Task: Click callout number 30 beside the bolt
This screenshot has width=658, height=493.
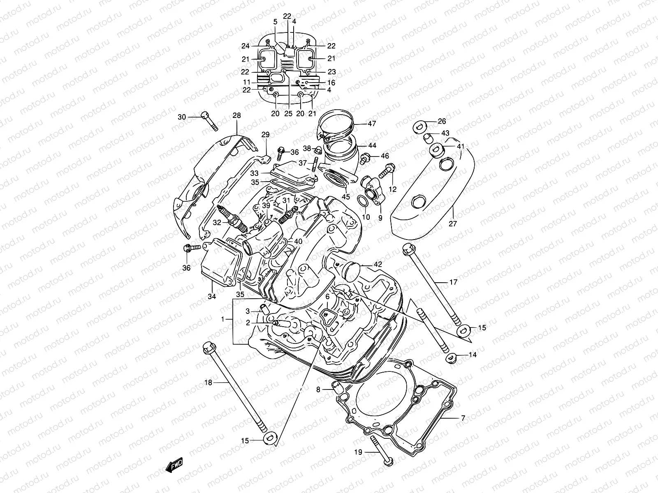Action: click(182, 117)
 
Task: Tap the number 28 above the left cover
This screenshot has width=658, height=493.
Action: click(236, 115)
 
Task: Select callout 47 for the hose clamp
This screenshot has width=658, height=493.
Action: click(372, 123)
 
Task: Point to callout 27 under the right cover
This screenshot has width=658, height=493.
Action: click(453, 223)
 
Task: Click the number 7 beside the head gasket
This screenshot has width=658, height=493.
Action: click(463, 418)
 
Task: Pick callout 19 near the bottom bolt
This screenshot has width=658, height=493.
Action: click(358, 452)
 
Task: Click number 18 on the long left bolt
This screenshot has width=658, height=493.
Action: click(208, 382)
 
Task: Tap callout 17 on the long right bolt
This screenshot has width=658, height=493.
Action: click(453, 282)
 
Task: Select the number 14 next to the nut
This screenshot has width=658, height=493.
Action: click(473, 355)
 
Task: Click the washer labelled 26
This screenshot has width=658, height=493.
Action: click(419, 126)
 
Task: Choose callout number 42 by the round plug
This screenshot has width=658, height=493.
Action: click(378, 264)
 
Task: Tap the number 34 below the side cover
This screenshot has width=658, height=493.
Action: click(212, 296)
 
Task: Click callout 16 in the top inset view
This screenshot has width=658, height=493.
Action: click(331, 83)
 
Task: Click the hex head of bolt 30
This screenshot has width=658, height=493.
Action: click(205, 115)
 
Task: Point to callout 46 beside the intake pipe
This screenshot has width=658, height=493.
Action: click(385, 156)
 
